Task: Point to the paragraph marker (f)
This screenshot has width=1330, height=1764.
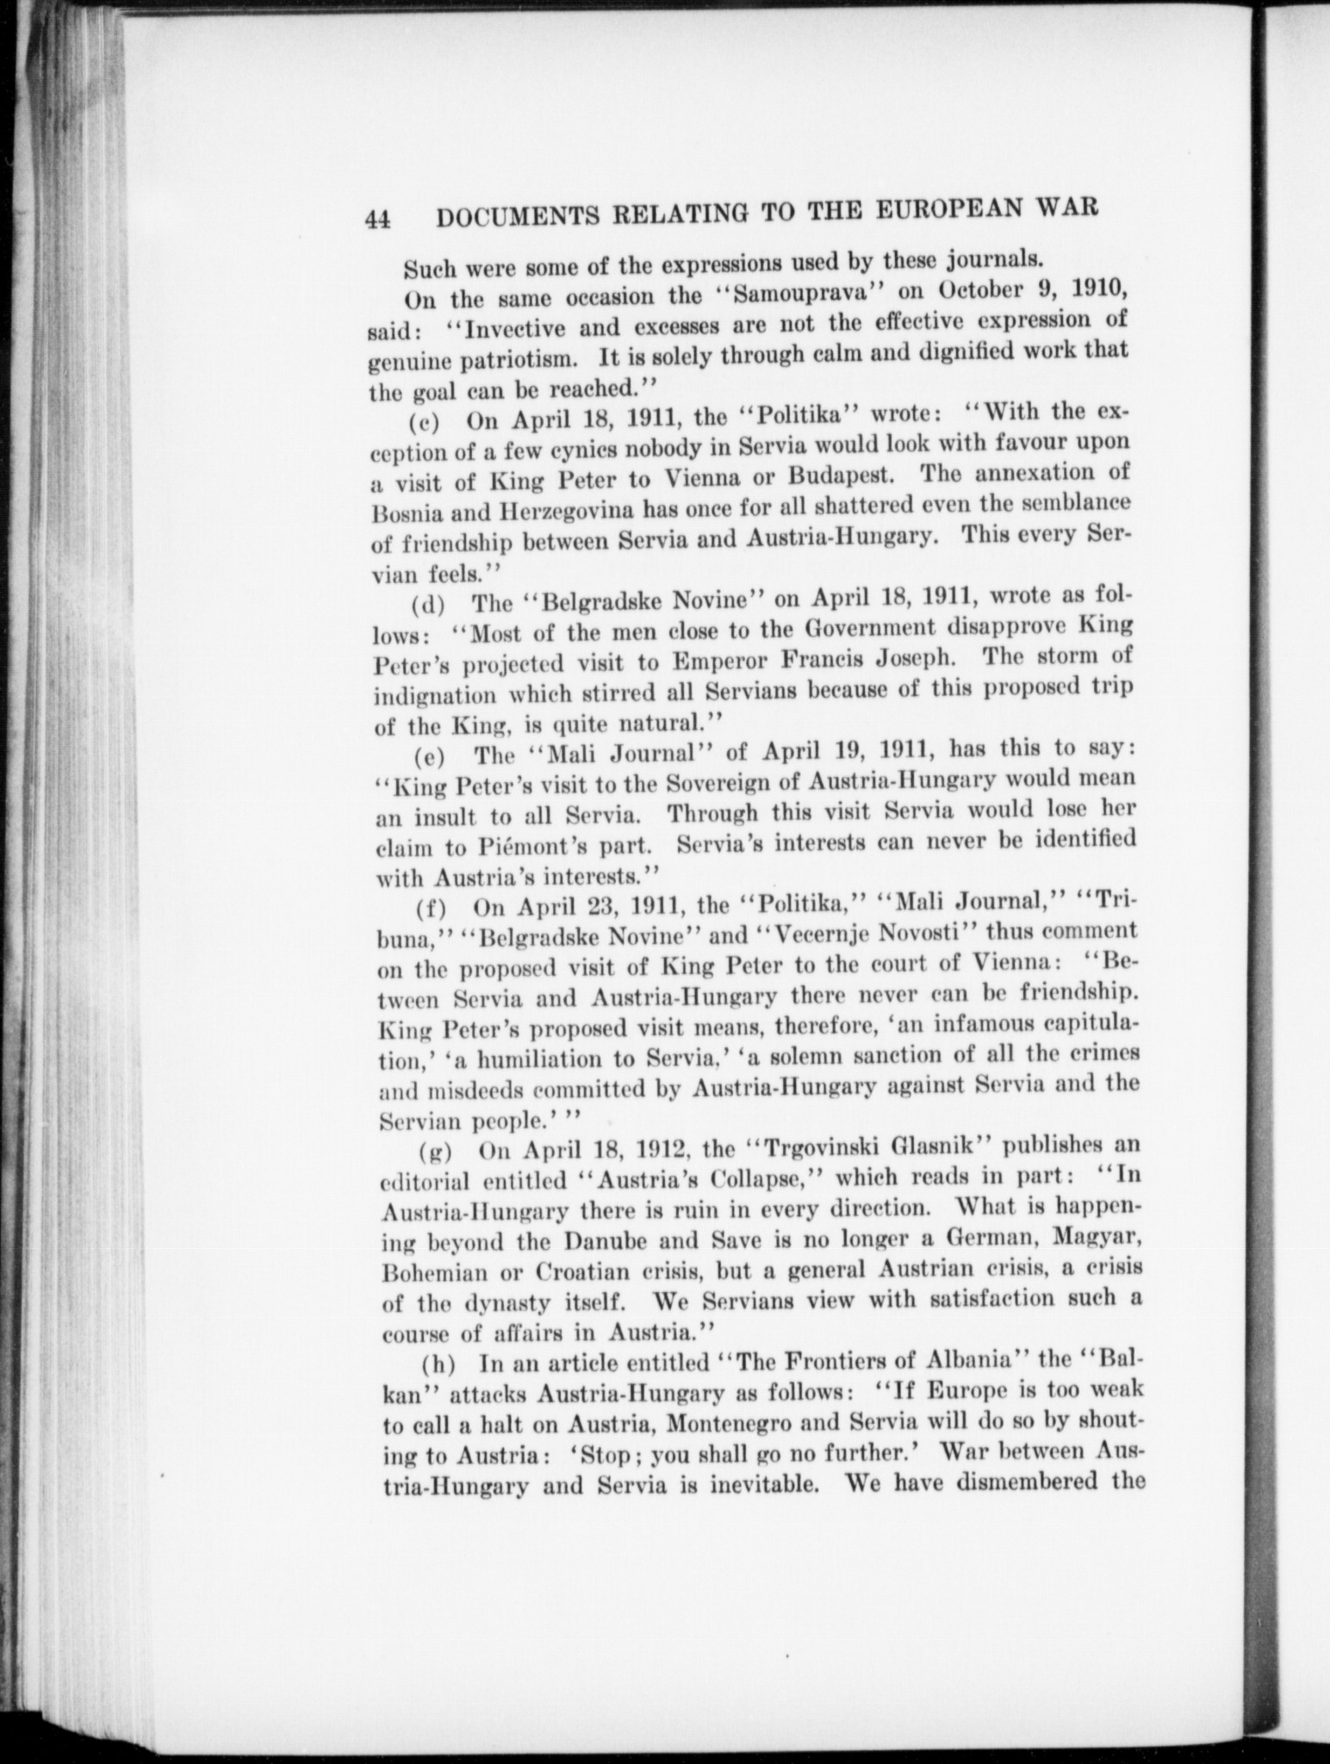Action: coord(430,907)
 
